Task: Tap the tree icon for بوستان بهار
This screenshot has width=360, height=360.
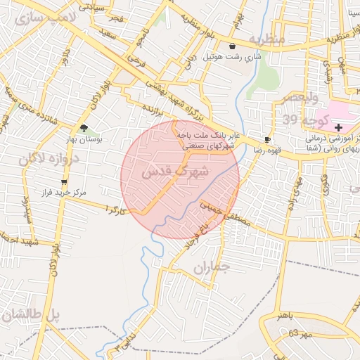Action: [85, 128]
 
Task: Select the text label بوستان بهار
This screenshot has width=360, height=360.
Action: [85, 139]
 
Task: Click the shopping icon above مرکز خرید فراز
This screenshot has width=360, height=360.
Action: [64, 181]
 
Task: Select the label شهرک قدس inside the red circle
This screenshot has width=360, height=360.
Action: [175, 171]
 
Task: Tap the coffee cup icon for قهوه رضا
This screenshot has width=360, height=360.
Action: [266, 139]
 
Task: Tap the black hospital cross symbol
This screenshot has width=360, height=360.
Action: [339, 127]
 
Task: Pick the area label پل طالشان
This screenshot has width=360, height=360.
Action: [32, 316]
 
